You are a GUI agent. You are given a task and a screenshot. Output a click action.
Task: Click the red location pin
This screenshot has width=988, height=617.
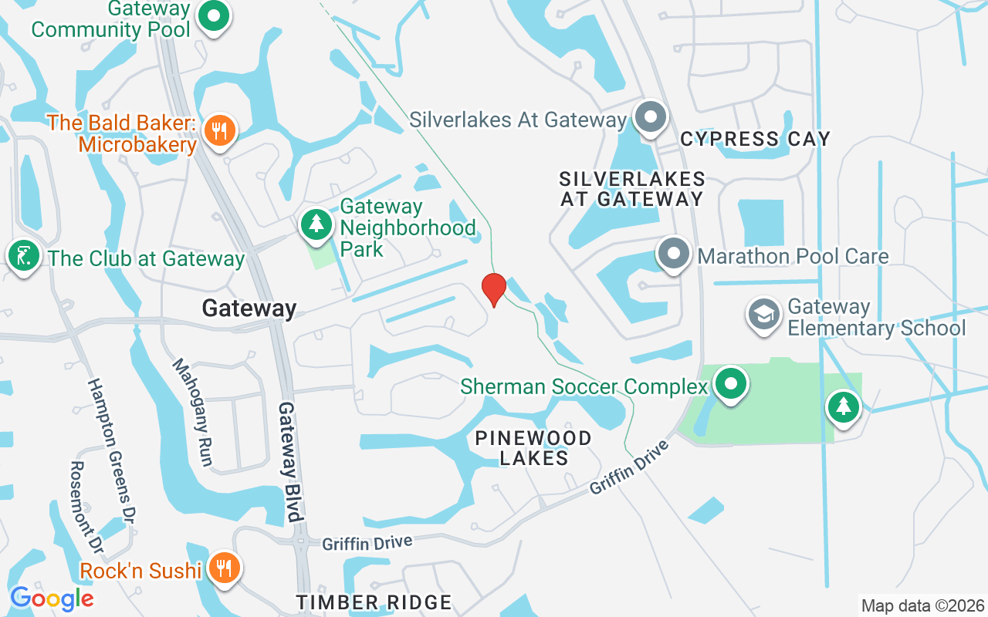pos(493,289)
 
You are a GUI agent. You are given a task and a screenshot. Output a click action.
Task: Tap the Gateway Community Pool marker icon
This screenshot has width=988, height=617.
pos(214,16)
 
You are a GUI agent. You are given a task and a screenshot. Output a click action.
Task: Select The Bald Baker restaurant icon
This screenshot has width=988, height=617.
pos(220,131)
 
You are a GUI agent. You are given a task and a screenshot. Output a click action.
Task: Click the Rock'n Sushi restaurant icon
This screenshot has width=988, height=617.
pos(224,569)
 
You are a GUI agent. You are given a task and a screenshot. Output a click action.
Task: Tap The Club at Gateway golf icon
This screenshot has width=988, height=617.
pos(24,257)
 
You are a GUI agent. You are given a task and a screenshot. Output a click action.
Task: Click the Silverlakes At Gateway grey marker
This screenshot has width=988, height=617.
pos(650,118)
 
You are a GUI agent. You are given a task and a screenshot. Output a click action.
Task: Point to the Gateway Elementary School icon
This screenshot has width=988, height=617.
pos(765,315)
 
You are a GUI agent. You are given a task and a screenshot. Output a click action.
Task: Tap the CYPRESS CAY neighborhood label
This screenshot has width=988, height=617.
pos(755,139)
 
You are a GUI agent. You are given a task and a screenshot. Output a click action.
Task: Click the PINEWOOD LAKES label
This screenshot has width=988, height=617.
pos(533,447)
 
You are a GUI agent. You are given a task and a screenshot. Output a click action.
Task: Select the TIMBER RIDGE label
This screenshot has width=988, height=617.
pos(374,602)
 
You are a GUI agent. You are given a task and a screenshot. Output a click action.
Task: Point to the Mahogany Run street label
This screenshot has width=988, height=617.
pos(193,412)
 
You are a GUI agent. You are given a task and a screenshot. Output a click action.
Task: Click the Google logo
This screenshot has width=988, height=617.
pos(52,598)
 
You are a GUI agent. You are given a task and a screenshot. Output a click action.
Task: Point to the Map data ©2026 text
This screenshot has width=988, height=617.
pos(923,606)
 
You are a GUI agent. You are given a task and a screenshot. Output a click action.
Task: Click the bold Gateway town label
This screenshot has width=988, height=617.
pos(249,308)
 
